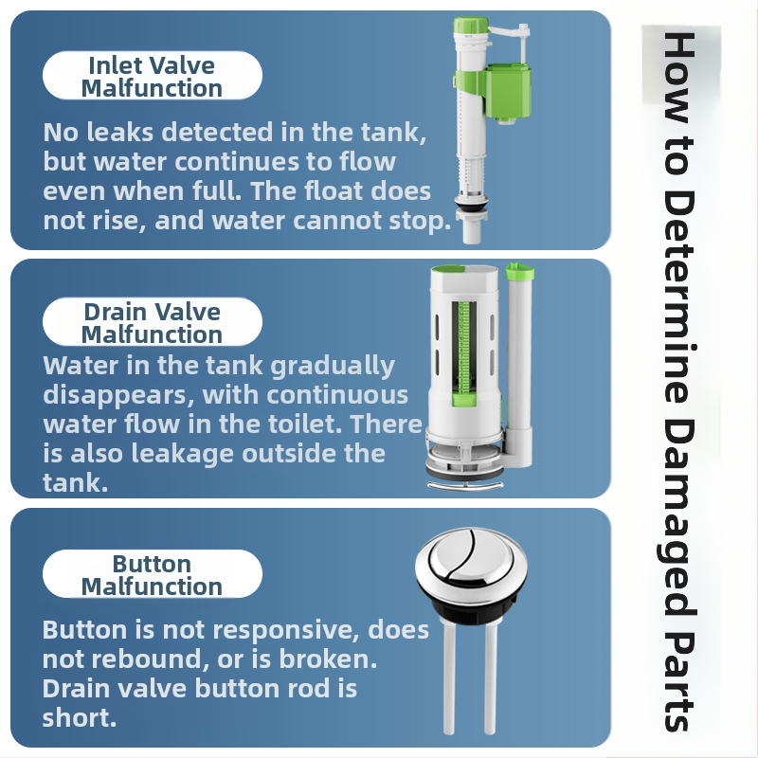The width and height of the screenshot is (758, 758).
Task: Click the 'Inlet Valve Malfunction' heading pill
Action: tap(153, 76)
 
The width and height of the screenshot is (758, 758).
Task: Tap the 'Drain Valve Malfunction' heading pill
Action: tap(153, 321)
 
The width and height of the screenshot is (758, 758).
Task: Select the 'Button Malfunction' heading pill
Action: tap(153, 574)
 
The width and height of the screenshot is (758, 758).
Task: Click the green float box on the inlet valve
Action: tap(508, 93)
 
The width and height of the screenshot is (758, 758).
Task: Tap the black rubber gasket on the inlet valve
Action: tap(470, 208)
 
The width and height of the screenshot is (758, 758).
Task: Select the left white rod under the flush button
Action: tap(449, 677)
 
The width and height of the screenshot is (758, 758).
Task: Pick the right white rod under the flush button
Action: tap(490, 677)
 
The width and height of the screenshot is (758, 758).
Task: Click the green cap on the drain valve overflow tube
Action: tap(519, 271)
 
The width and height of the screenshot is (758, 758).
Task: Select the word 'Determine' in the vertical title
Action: tap(678, 297)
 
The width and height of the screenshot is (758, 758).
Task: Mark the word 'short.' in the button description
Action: tap(80, 717)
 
